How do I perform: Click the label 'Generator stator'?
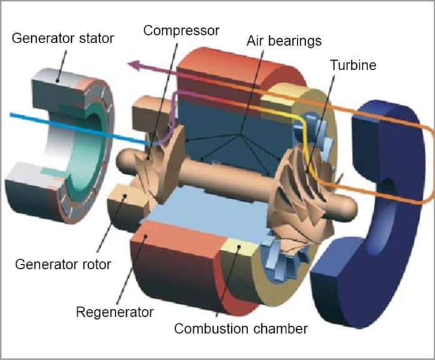[63, 38]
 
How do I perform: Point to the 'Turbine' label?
[354, 64]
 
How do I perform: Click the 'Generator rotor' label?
[62, 264]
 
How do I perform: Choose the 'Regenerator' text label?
[114, 311]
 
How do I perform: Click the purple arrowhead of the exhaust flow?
[133, 64]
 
